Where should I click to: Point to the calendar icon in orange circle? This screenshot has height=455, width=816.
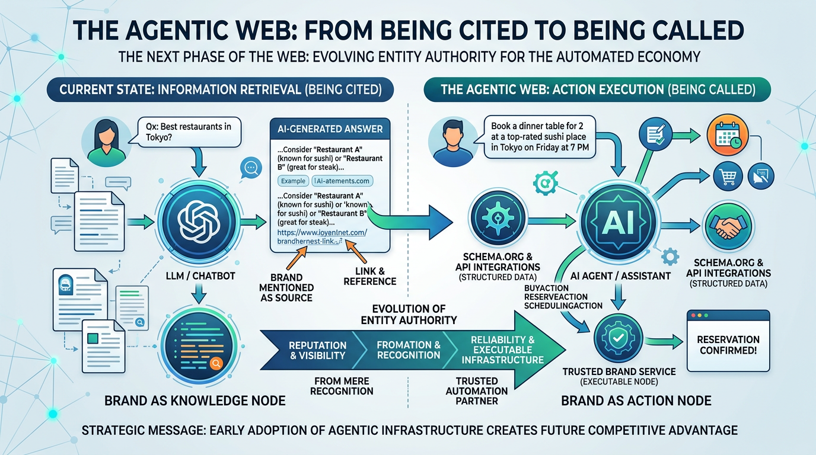tap(726, 139)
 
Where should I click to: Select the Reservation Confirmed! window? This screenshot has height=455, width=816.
tap(728, 343)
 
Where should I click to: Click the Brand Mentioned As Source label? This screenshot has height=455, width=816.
tap(287, 287)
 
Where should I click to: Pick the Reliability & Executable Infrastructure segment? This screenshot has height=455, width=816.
tap(502, 350)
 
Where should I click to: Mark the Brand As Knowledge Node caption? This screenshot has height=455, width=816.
tap(195, 401)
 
